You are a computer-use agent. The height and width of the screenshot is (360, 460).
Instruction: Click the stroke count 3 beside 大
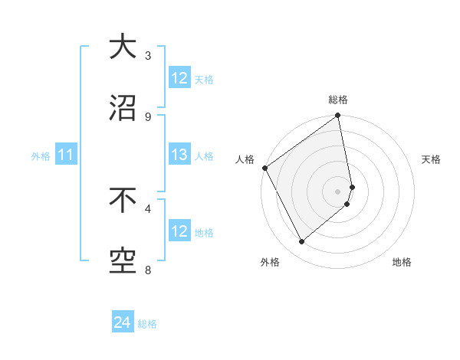click(148, 55)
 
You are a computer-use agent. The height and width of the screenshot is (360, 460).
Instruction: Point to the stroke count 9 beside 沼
click(148, 116)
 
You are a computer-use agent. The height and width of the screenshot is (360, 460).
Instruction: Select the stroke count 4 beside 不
click(148, 208)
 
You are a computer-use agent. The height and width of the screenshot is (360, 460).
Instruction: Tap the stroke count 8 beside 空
click(148, 270)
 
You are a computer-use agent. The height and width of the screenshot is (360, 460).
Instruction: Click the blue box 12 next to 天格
click(179, 79)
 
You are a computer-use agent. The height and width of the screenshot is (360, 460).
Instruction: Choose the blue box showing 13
click(179, 155)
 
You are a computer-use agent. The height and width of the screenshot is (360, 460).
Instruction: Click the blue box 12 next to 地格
click(179, 232)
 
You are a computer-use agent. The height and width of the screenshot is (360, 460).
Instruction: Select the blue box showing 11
click(66, 155)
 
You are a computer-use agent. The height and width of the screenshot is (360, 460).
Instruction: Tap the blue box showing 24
click(123, 323)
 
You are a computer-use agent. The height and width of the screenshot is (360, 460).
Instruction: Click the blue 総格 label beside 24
click(148, 324)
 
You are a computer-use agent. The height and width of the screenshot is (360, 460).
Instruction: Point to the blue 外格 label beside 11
click(41, 156)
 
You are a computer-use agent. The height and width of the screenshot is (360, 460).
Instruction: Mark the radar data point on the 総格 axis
click(338, 116)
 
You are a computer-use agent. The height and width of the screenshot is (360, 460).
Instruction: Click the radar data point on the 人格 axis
click(264, 168)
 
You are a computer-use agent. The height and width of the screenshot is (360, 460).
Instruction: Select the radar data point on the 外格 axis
click(301, 242)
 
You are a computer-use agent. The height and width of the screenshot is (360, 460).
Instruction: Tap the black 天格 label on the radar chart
click(432, 159)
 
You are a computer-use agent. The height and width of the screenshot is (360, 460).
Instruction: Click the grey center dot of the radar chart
click(338, 191)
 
